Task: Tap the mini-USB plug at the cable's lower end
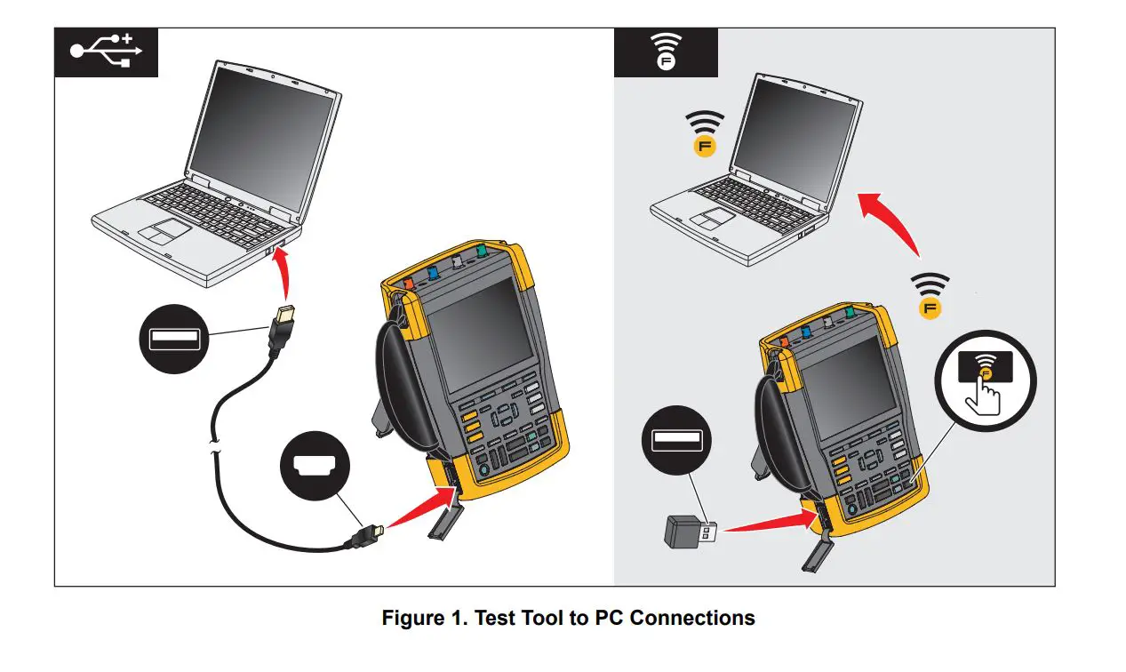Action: (x=366, y=536)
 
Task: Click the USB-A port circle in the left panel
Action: (x=173, y=337)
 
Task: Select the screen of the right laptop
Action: (x=795, y=126)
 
